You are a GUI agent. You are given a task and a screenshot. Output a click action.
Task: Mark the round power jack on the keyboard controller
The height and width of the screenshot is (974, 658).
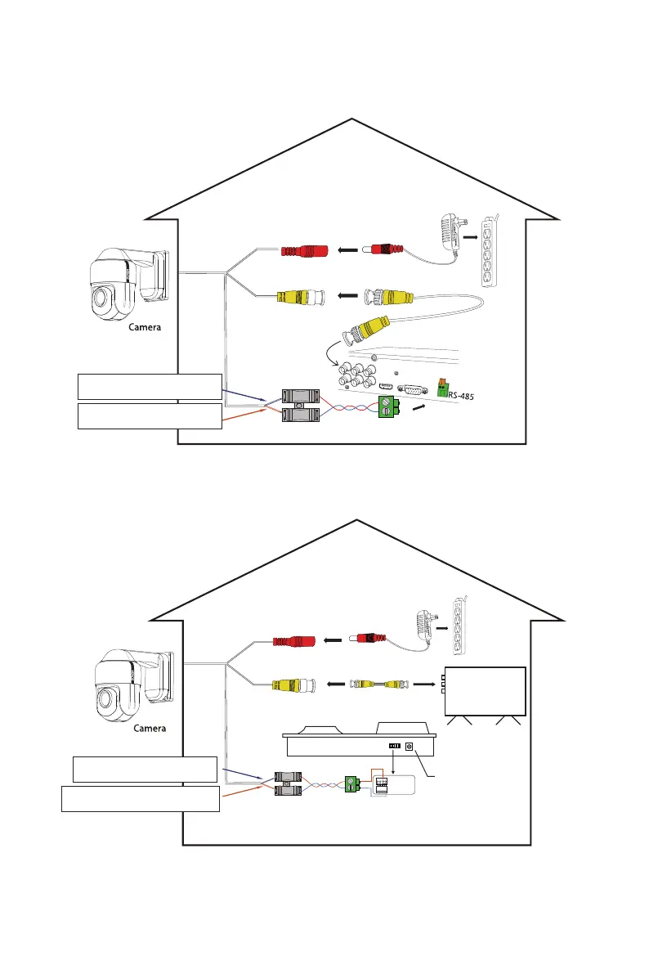408,747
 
